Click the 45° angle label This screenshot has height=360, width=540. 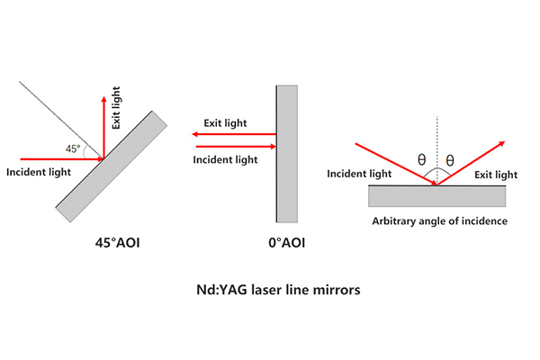point(73,148)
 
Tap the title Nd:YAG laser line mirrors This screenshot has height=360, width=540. point(278,290)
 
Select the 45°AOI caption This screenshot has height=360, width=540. point(117,243)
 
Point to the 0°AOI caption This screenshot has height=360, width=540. point(286,243)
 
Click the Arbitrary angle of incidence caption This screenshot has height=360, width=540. point(440,220)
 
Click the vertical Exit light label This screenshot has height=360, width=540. point(116,108)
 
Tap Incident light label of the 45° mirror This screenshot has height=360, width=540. point(39,172)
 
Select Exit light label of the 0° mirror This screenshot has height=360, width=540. point(225,123)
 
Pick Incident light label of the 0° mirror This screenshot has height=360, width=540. point(225,160)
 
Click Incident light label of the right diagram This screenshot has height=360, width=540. point(359,174)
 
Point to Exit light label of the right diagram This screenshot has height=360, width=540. point(496,175)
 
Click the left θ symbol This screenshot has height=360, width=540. point(421,159)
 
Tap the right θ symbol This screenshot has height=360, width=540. point(450,160)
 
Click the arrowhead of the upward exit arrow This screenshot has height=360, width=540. point(103,99)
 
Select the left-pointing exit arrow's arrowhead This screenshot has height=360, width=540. point(195,134)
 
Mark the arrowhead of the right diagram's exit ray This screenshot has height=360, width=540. point(502,143)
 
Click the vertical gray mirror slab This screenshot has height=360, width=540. point(287,154)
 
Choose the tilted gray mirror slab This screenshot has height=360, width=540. point(112,166)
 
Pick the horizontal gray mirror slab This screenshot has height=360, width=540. point(437,196)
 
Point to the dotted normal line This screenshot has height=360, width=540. point(437,150)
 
